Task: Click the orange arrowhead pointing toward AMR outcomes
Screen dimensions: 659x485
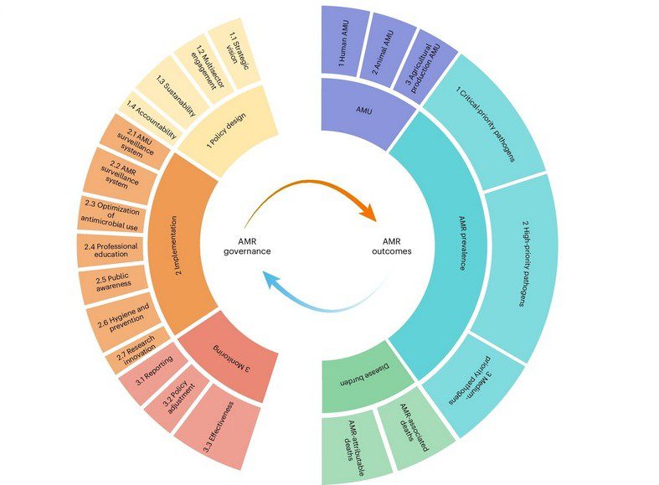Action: coord(368,211)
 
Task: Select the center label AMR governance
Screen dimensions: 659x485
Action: coord(247,246)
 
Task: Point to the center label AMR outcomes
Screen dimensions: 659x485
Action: coord(392,246)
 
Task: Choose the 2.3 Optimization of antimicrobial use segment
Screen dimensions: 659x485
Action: coord(111,214)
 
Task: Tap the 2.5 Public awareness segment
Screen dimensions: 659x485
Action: coord(114,282)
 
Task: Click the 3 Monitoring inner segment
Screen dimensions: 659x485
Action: coord(229,357)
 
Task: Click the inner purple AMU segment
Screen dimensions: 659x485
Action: coord(364,111)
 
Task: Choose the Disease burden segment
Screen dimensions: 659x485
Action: coord(364,375)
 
